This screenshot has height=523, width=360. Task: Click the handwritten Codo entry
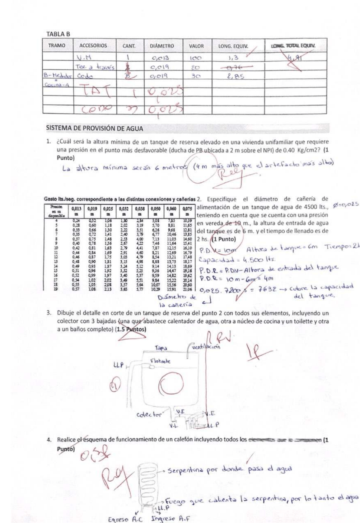83,77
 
